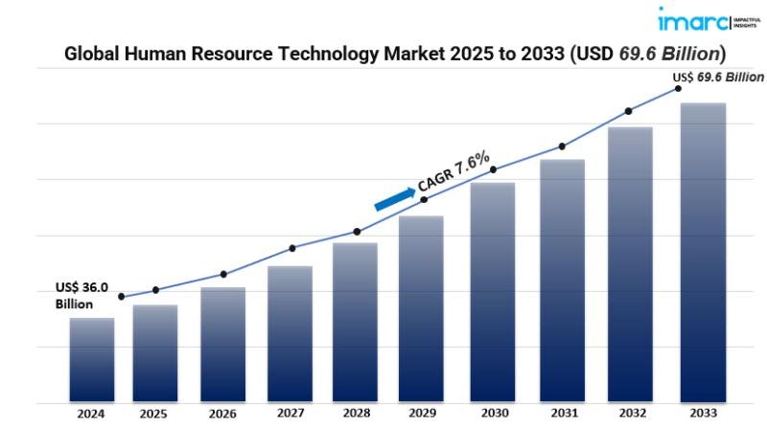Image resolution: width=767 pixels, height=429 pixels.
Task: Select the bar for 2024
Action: [92, 359]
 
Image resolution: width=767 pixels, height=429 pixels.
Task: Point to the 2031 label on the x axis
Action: [562, 415]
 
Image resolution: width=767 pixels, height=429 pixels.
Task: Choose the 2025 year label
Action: [154, 415]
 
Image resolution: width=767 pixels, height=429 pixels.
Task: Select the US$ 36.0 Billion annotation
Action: [81, 295]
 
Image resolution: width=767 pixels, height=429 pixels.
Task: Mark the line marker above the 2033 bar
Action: [678, 88]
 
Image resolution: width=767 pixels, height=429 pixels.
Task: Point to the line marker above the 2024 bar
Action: [121, 297]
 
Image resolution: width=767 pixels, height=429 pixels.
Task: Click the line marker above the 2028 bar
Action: [357, 232]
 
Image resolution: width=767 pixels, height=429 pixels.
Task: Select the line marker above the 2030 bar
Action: [493, 170]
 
